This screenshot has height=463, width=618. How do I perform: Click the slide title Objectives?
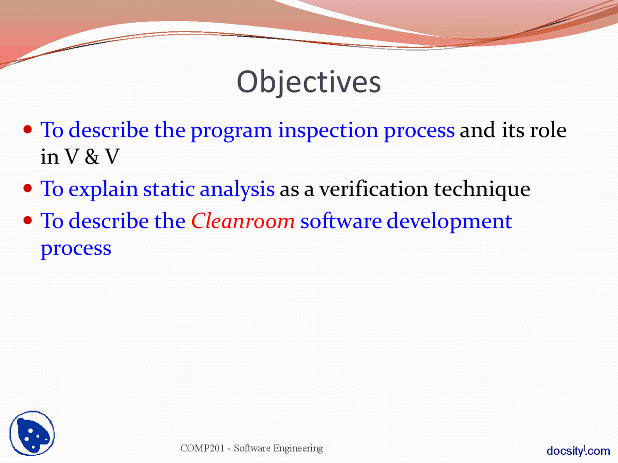tap(309, 82)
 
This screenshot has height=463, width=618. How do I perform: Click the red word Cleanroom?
tap(243, 221)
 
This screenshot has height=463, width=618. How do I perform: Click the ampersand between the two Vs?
tap(92, 157)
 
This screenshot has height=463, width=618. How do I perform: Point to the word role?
tap(548, 130)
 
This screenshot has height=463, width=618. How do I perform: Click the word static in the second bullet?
tap(169, 189)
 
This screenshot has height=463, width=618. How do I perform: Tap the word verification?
tap(373, 189)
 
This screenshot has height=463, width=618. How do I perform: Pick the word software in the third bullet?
tap(341, 221)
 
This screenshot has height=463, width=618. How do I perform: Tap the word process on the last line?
tap(76, 249)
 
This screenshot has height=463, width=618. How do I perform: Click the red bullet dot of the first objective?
tap(28, 129)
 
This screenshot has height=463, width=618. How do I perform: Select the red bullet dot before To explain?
tap(28, 188)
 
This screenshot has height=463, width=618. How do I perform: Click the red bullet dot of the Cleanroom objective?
tap(28, 220)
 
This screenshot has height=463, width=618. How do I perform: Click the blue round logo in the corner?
tap(32, 434)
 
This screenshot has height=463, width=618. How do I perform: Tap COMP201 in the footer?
tap(202, 448)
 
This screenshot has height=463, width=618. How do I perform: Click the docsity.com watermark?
tap(578, 451)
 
